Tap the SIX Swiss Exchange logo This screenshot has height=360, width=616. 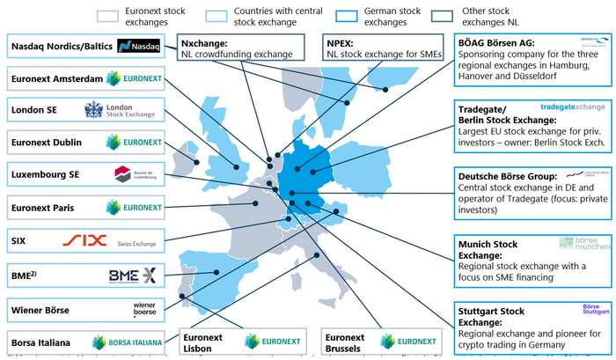(x=114, y=240)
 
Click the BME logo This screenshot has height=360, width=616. (x=132, y=276)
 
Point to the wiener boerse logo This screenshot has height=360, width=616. (x=143, y=309)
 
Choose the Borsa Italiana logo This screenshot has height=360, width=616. (x=130, y=342)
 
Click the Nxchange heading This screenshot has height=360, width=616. (x=204, y=41)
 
